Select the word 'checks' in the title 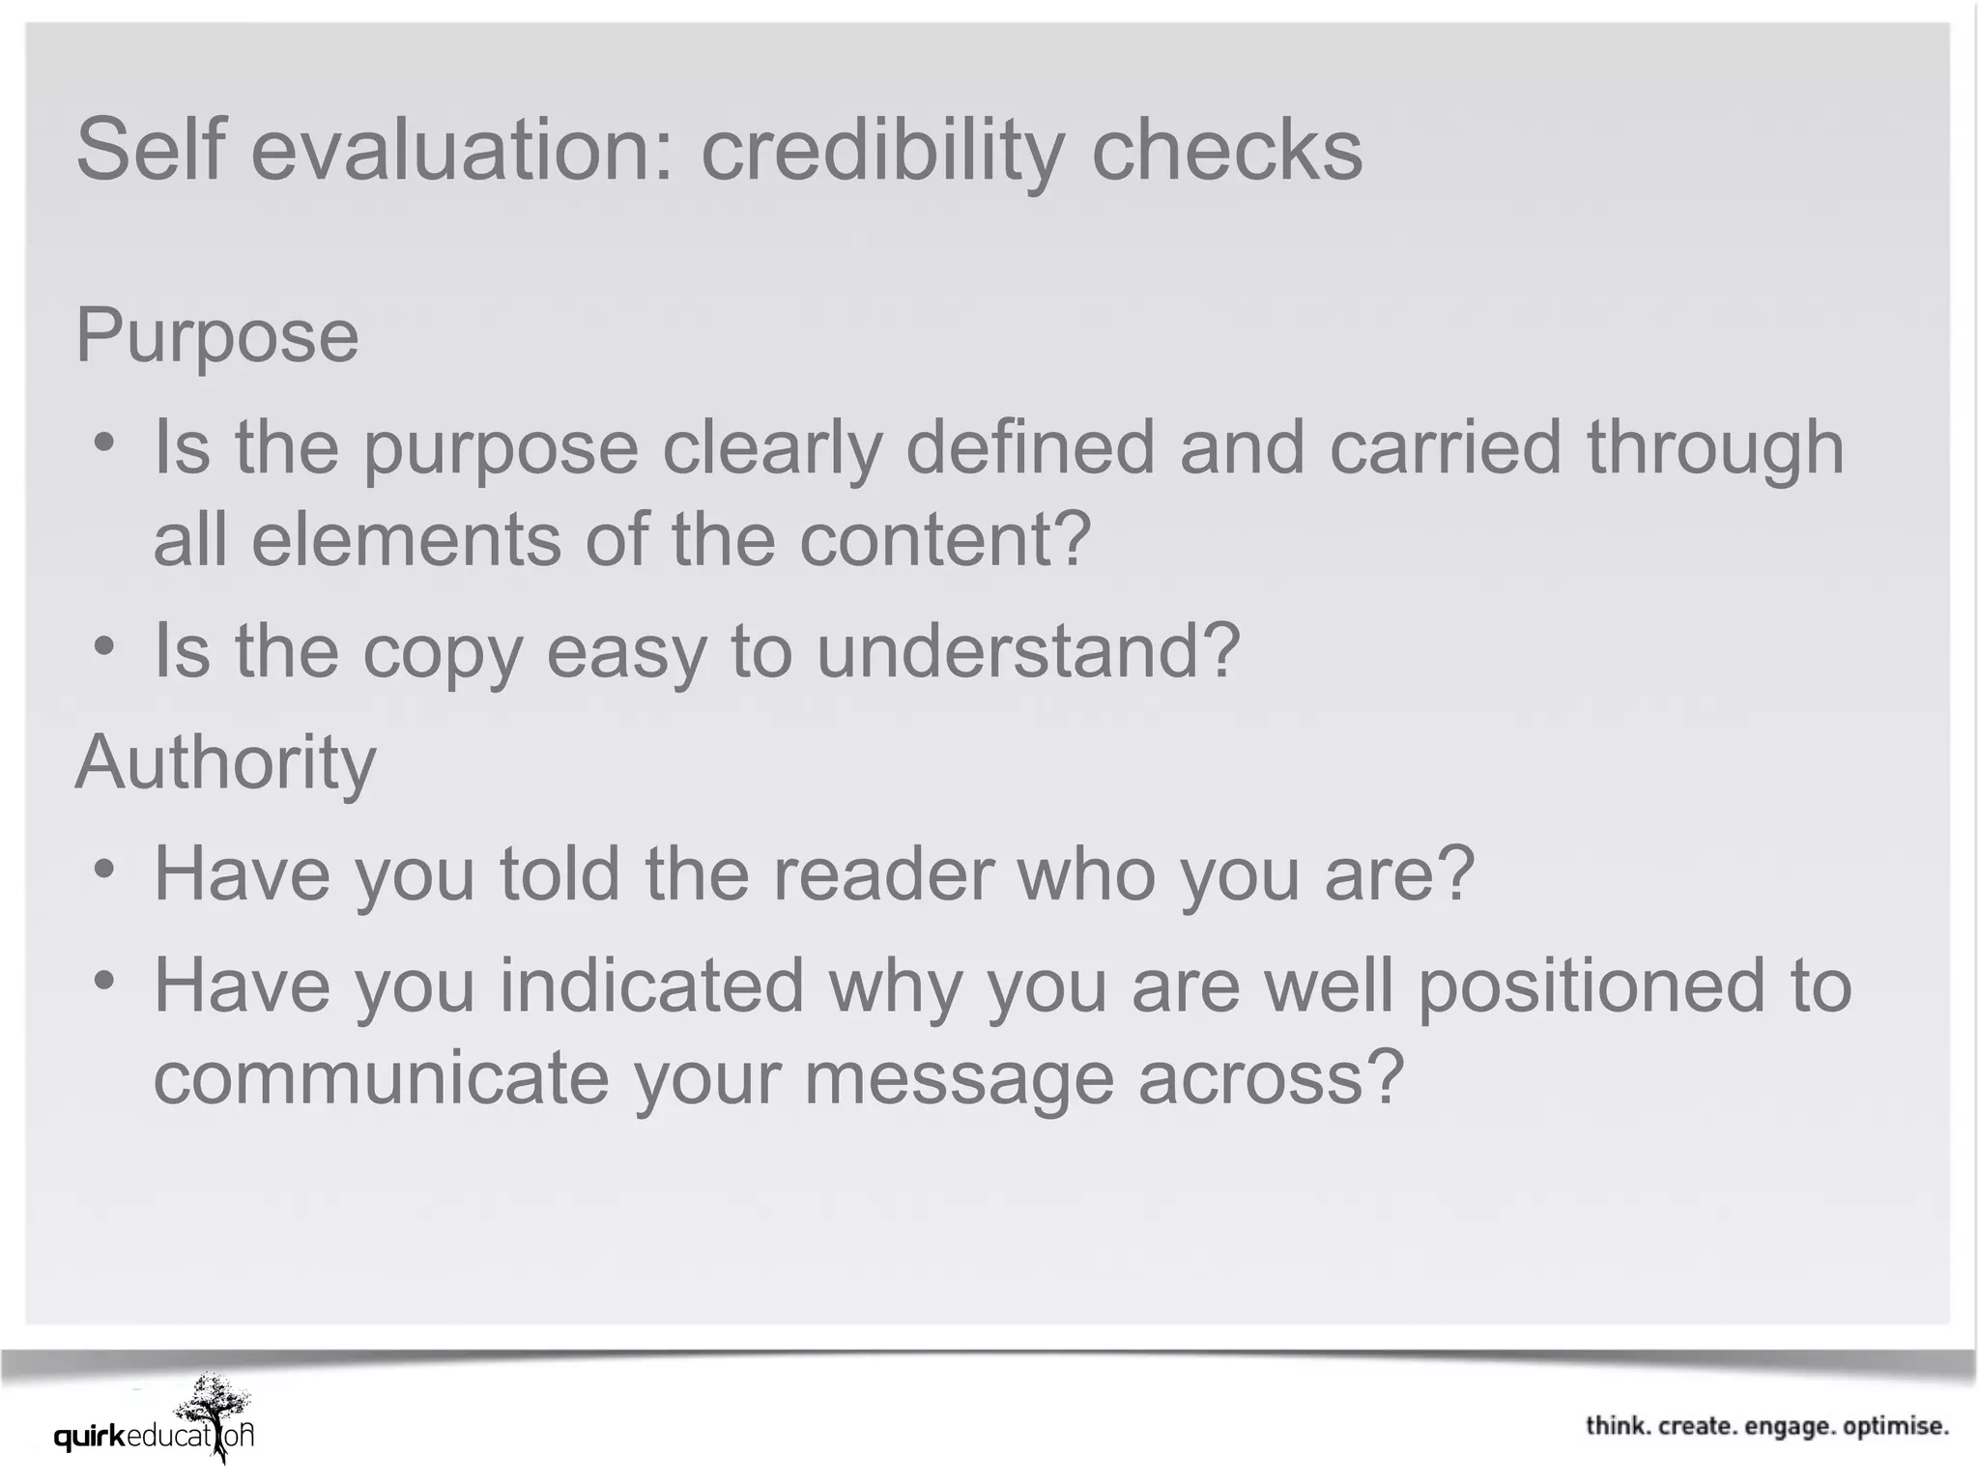[x=1226, y=150]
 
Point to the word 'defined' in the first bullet [x=1030, y=447]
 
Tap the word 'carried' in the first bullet [x=1446, y=447]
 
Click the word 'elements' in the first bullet [x=406, y=539]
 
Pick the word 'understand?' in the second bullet [x=1028, y=650]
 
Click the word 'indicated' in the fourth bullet [x=651, y=985]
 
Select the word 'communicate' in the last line [x=382, y=1077]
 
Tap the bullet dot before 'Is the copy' [x=104, y=645]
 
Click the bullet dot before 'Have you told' [x=104, y=868]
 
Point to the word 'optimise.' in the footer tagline [x=1896, y=1426]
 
